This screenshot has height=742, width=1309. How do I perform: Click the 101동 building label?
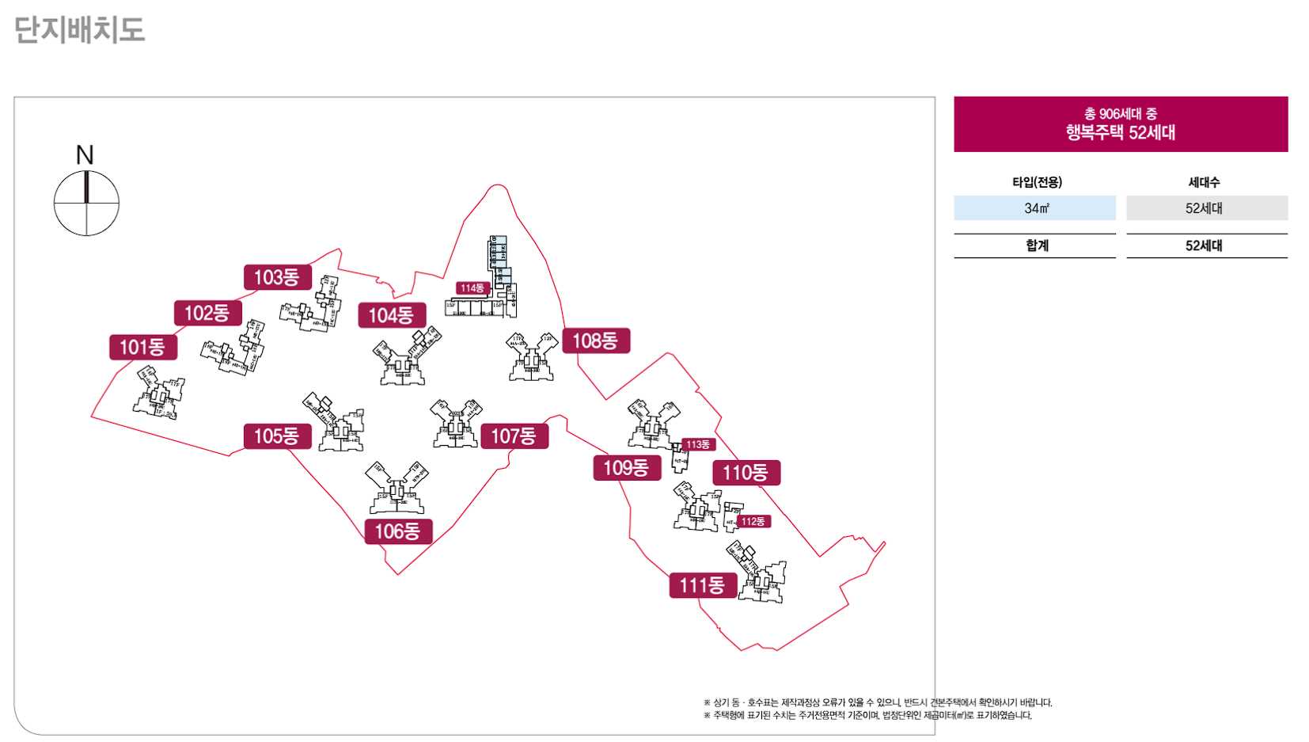tap(142, 347)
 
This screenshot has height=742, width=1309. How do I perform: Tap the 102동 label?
tap(207, 313)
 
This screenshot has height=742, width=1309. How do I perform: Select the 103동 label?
tap(276, 277)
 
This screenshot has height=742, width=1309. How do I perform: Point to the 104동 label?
tap(391, 315)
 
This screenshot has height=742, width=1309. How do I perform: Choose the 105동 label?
tap(276, 436)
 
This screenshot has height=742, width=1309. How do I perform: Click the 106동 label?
tap(397, 531)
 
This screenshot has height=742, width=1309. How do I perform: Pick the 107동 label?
tap(514, 436)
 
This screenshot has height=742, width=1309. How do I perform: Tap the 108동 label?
tap(595, 341)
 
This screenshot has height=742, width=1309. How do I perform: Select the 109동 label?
tap(626, 467)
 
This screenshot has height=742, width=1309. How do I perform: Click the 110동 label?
tap(746, 473)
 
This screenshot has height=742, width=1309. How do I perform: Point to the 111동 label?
tap(702, 585)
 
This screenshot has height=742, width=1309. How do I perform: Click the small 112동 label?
tap(753, 521)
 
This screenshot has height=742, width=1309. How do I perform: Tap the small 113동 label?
tap(697, 444)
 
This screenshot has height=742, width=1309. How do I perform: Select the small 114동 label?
tap(472, 288)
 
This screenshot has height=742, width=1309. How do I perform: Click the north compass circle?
tap(86, 204)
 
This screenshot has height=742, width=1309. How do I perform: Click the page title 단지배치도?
tap(79, 30)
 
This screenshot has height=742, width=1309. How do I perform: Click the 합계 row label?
tap(1036, 245)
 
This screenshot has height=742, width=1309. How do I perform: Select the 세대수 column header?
tap(1204, 182)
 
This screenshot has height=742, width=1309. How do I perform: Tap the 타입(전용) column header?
tap(1037, 182)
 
